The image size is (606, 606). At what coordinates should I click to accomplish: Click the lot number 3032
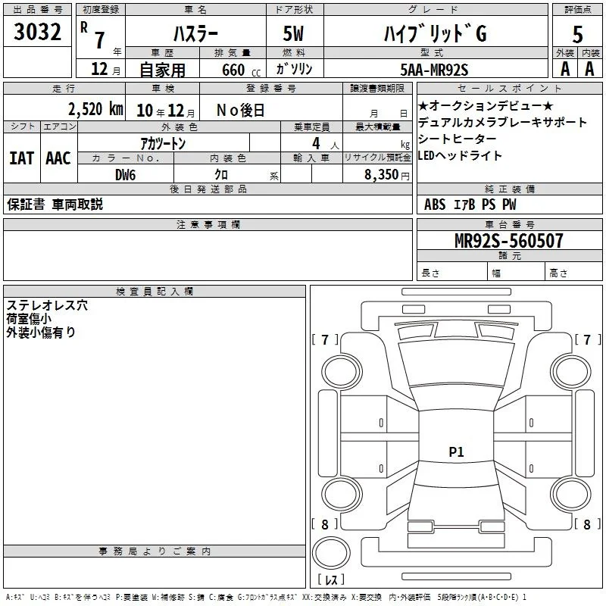click(x=37, y=32)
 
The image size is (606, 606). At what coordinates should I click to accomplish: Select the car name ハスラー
click(x=195, y=34)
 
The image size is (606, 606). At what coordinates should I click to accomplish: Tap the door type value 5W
click(x=293, y=33)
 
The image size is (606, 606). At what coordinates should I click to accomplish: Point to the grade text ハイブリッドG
click(x=435, y=33)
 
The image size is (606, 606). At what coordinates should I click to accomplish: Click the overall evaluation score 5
click(x=577, y=34)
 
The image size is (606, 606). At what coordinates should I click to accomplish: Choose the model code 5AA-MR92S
click(x=434, y=70)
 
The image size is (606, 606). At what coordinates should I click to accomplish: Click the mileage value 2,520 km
click(x=95, y=109)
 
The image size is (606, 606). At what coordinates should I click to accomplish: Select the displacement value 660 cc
click(x=241, y=70)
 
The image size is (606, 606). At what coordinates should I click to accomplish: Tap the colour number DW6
click(x=125, y=175)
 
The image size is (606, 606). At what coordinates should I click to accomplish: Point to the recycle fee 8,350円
click(x=387, y=175)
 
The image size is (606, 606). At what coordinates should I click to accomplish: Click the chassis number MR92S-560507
click(x=508, y=240)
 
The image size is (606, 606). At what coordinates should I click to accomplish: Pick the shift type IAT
click(x=22, y=158)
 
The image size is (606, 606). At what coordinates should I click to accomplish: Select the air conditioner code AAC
click(x=58, y=158)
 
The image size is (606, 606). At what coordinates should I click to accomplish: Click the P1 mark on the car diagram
click(x=456, y=451)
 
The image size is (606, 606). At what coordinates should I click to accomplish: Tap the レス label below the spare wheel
click(x=331, y=579)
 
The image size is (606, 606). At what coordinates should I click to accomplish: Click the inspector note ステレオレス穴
click(x=47, y=305)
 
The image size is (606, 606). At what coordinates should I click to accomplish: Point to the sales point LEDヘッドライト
click(x=460, y=155)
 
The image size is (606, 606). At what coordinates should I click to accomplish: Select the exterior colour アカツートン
click(x=163, y=143)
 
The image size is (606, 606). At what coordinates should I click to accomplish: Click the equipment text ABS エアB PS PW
click(x=470, y=205)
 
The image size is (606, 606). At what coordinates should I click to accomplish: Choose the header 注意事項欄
click(x=208, y=224)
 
